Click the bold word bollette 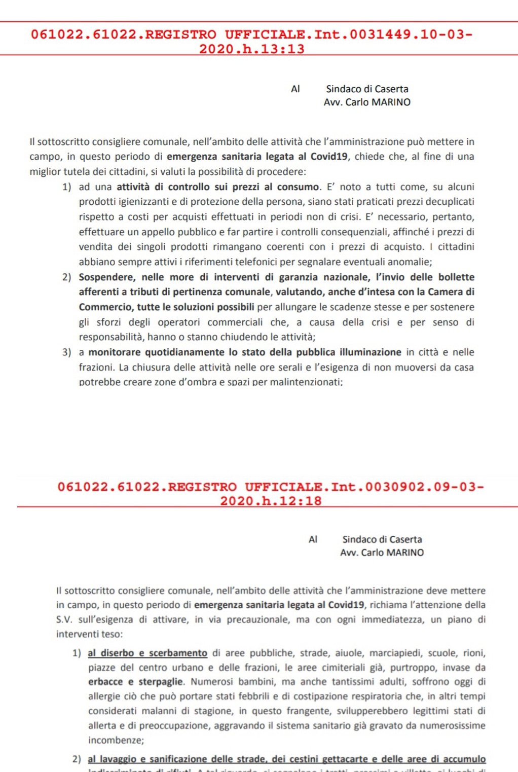453,277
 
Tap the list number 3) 67,352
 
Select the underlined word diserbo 118,653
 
